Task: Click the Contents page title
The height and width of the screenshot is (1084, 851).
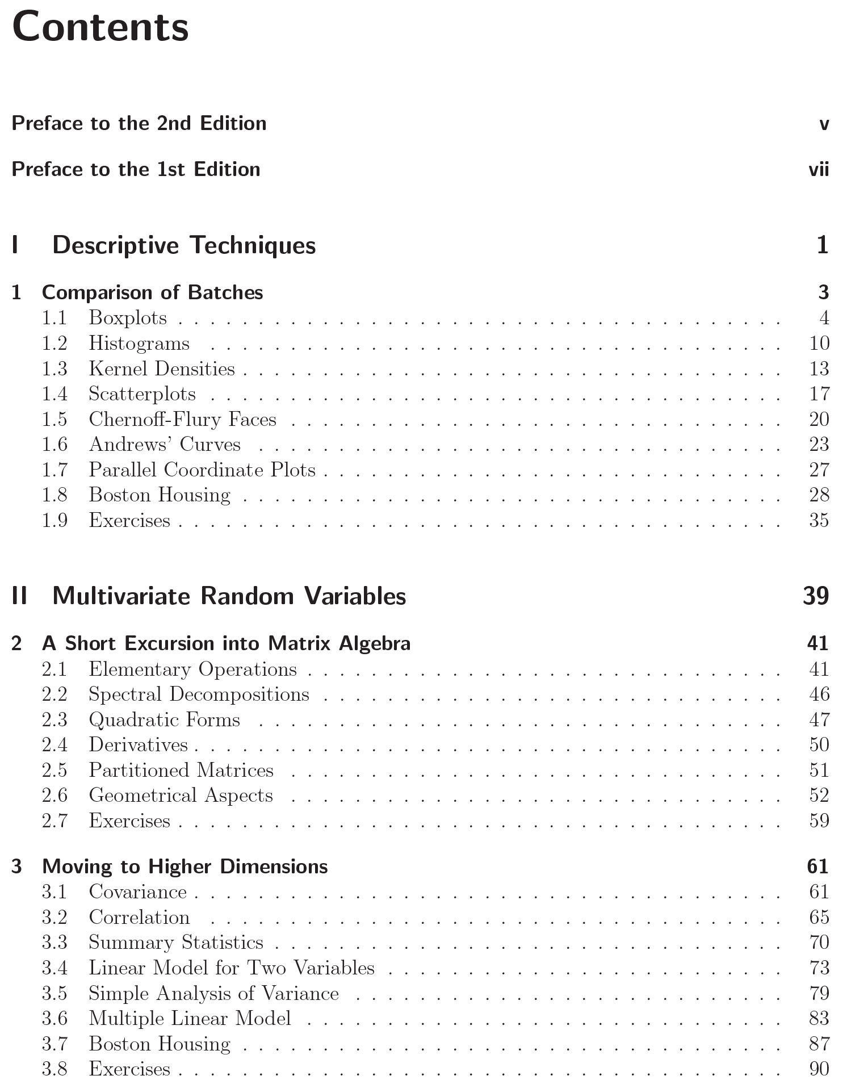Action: click(100, 28)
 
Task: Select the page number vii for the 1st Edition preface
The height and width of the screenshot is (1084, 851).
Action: click(819, 169)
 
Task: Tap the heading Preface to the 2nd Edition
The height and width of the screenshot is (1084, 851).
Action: click(139, 123)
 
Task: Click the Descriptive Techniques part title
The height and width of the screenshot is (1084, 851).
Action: click(184, 245)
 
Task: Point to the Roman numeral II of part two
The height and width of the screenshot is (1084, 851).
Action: click(20, 596)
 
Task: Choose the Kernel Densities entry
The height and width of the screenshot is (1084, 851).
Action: click(162, 369)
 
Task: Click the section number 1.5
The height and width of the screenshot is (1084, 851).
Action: click(55, 419)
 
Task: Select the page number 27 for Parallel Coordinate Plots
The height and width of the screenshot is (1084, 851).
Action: click(819, 470)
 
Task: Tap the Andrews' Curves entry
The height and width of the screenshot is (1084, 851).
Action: click(165, 444)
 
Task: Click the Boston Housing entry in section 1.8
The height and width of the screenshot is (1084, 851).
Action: click(160, 495)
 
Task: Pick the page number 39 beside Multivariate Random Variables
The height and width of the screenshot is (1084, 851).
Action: click(816, 596)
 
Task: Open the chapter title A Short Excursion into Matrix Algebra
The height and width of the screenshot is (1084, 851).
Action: click(226, 643)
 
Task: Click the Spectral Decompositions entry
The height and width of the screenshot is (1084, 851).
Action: click(199, 694)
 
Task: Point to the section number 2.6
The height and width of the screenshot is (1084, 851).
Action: click(55, 795)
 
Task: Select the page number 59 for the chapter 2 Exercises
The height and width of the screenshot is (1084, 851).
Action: click(819, 821)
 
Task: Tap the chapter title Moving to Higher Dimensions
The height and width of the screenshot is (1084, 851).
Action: click(185, 866)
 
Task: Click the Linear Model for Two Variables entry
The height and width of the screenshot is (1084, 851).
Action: click(232, 968)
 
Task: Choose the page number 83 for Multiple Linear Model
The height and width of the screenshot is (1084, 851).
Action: click(819, 1018)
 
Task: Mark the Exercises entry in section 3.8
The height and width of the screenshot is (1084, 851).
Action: click(129, 1069)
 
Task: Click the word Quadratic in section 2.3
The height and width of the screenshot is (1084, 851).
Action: click(125, 719)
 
